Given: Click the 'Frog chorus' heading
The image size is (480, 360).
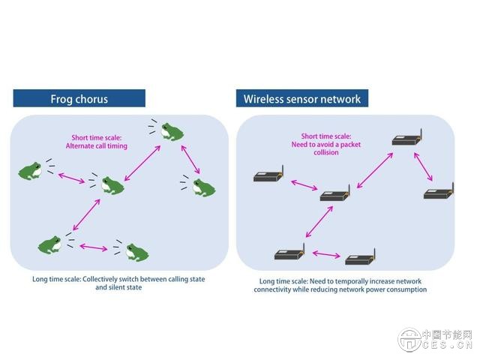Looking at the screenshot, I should pos(79,98).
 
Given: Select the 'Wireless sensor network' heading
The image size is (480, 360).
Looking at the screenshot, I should pos(302,98).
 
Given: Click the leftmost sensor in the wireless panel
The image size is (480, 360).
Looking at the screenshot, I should pos(268,176).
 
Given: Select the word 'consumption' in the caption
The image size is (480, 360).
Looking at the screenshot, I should pos(406,289).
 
